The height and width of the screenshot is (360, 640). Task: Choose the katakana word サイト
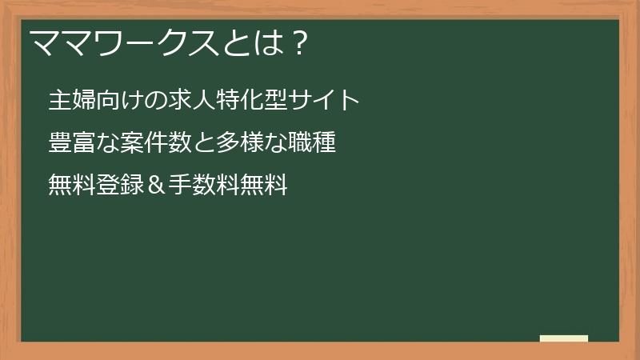pos(324,100)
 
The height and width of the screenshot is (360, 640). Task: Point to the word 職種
pos(312,144)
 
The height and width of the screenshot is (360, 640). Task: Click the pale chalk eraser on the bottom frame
pos(564,339)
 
